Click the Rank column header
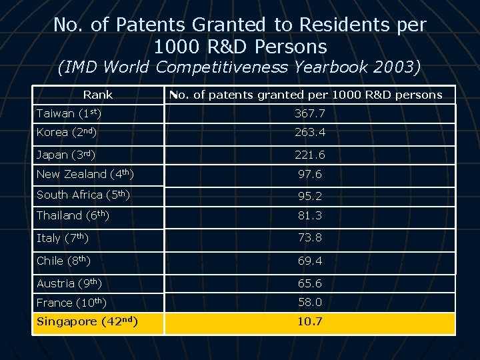98,95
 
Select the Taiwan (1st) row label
69,113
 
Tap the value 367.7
310,113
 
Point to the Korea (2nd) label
67,132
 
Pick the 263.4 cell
310,132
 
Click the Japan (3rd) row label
66,155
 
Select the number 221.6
310,155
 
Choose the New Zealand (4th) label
85,174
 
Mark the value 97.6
310,174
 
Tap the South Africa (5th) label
83,195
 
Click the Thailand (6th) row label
73,215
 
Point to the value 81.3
310,215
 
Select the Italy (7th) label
63,238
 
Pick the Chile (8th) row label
63,261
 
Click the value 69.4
310,261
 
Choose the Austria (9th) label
69,283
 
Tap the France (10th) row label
71,303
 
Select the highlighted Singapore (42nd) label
87,321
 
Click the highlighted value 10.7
310,321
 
